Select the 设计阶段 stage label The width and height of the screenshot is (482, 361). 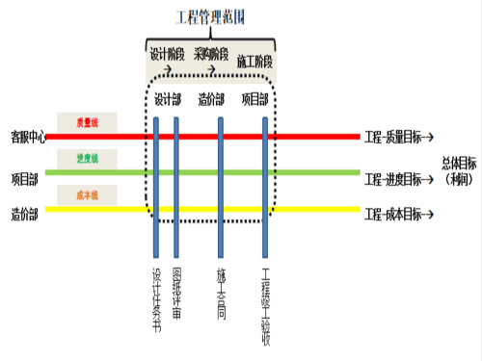coord(166,53)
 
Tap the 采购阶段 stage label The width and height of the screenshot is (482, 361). coord(211,53)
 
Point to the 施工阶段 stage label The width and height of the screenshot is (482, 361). coord(255,60)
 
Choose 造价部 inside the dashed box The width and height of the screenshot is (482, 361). coord(212,99)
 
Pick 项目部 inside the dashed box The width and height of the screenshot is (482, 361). coord(255,99)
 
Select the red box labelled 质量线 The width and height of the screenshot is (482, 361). coord(86,122)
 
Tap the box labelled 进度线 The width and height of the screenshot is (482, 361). coord(86,159)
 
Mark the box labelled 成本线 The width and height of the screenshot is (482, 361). coord(86,194)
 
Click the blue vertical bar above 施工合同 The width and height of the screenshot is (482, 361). coord(221,183)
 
